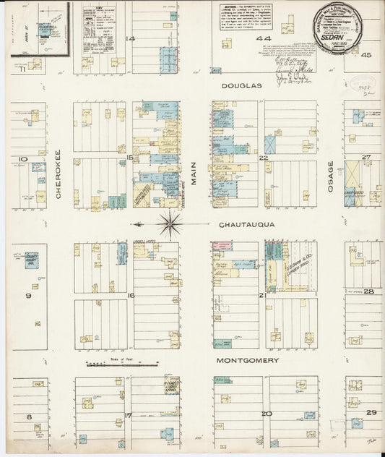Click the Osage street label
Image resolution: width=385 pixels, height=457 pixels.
pos(330,176)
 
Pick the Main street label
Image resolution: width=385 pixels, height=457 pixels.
pos(194,174)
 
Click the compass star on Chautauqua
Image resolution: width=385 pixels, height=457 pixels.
pos(170,225)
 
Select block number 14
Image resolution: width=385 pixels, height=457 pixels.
pos(131,38)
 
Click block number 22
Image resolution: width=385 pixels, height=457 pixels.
pos(264,157)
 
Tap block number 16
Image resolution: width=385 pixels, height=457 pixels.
pos(131,296)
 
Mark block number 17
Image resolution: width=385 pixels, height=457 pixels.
pos(127,415)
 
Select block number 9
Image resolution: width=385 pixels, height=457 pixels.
pos(29,296)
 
